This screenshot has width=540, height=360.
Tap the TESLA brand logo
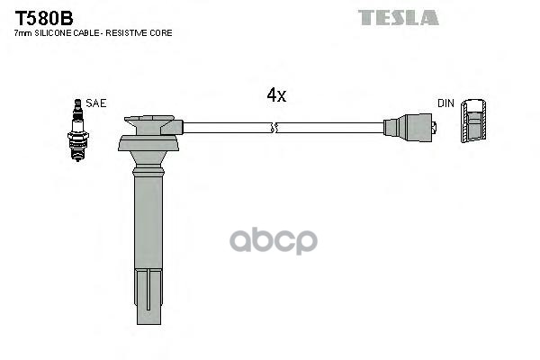[x=398, y=17]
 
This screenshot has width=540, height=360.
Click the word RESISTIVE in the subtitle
[x=133, y=32]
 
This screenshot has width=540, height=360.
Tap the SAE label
[x=96, y=103]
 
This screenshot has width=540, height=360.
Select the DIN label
[x=445, y=103]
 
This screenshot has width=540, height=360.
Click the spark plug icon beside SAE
[x=79, y=130]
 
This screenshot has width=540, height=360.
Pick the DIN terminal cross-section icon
[x=473, y=121]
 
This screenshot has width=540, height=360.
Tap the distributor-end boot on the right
[x=409, y=128]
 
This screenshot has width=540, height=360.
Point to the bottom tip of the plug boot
[x=149, y=319]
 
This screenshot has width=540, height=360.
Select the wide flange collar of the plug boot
[x=149, y=143]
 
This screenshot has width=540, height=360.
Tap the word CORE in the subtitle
[x=162, y=32]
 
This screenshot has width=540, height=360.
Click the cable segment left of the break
[x=225, y=128]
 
